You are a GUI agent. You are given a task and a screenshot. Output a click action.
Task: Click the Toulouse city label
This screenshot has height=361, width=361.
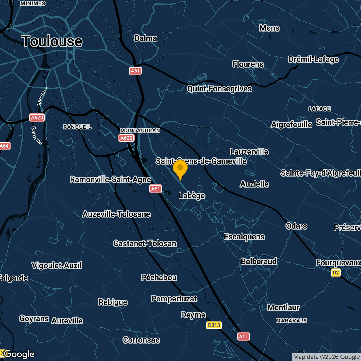(52, 41)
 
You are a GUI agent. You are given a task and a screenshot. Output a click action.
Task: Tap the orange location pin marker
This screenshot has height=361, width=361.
(180, 169)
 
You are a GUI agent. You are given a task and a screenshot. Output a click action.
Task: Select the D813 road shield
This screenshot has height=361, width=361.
(214, 325)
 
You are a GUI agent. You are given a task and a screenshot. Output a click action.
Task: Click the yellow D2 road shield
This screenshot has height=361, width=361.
(336, 273)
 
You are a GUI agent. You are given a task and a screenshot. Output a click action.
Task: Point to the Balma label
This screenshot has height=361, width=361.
(146, 38)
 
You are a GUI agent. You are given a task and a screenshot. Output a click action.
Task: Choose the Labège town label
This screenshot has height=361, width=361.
(192, 195)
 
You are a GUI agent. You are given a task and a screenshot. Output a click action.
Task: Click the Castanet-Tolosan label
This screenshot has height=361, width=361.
(145, 243)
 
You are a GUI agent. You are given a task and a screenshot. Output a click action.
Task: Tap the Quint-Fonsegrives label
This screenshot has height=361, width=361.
(219, 89)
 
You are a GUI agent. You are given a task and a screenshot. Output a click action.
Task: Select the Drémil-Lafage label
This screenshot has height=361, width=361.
(313, 60)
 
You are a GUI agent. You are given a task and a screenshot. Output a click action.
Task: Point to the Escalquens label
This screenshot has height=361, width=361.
(244, 237)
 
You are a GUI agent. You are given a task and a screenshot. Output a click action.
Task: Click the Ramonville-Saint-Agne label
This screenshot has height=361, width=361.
(111, 179)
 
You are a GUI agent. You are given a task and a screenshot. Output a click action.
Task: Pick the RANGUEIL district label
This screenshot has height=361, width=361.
(77, 127)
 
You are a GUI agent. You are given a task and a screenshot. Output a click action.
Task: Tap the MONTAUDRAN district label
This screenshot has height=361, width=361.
(140, 131)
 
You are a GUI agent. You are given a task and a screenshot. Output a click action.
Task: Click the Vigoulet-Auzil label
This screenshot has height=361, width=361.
(57, 265)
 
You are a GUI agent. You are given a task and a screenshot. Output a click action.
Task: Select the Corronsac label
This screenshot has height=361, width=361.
(141, 340)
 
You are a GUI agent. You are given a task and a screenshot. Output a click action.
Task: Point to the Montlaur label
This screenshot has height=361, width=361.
(283, 307)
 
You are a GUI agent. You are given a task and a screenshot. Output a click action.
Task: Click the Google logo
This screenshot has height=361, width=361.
(19, 354)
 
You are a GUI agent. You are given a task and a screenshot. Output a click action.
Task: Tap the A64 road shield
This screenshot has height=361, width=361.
(5, 146)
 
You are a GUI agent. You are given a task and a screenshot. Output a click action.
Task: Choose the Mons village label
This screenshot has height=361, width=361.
(269, 28)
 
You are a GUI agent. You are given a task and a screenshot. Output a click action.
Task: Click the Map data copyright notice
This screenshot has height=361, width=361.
(326, 357)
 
